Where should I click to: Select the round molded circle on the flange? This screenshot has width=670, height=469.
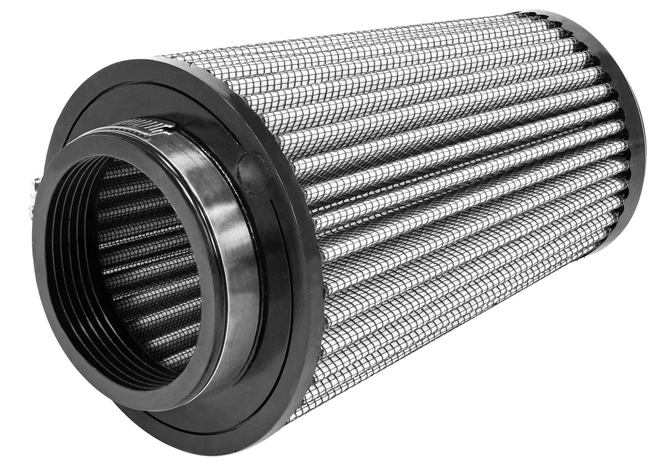pyautogui.click(x=253, y=172)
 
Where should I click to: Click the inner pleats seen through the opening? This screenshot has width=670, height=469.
pyautogui.click(x=149, y=265)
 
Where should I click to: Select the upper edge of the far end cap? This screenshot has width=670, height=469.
pyautogui.click(x=552, y=14)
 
